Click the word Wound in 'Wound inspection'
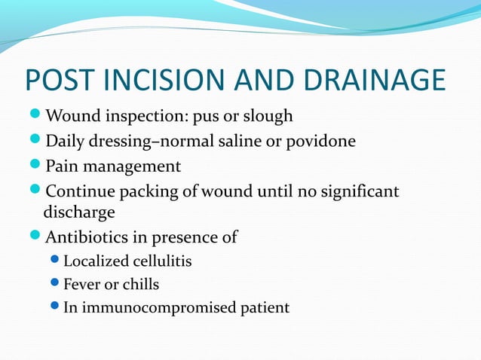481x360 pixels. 70,117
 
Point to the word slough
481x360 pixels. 269,117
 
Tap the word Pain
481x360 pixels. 61,165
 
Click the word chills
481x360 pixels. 138,285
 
